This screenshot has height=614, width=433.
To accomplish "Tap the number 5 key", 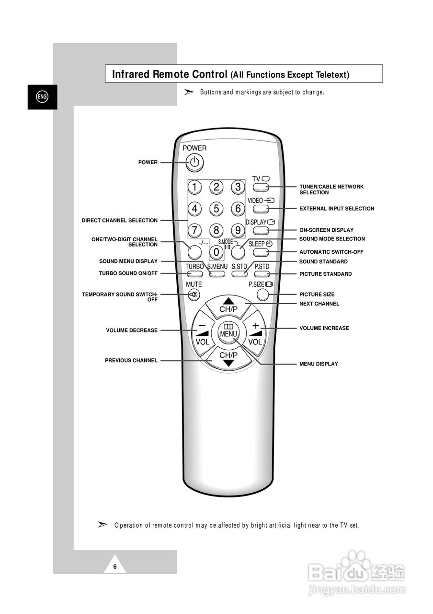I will tap(216, 208).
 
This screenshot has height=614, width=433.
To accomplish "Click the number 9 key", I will tap(238, 230).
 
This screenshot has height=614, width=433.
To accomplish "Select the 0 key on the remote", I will tap(216, 251).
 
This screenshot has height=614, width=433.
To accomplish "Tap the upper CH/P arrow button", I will tap(228, 305).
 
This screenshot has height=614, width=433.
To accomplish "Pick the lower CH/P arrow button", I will tap(228, 358).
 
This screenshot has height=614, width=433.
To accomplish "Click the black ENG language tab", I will tap(42, 97).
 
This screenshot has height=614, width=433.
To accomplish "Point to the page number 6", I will tap(115, 567).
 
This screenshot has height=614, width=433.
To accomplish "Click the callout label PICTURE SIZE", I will tap(317, 295).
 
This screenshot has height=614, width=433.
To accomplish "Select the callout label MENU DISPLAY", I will tap(319, 364).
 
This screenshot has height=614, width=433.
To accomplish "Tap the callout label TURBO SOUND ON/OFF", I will tap(128, 273).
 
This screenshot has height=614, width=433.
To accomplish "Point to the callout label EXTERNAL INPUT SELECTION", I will tap(337, 209).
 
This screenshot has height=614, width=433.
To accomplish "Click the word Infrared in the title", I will tap(131, 74).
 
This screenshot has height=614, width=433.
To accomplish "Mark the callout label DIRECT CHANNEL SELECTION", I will tap(120, 221).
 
